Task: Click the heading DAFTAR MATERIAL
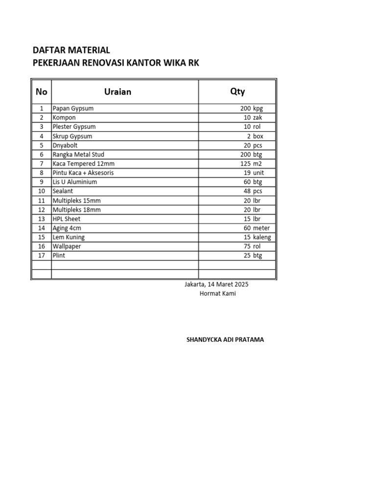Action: (x=71, y=50)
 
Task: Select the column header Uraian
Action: (x=117, y=92)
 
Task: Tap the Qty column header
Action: (x=237, y=91)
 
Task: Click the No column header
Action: (x=42, y=92)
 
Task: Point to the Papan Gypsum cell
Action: (x=73, y=108)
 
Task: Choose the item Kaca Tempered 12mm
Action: (x=83, y=164)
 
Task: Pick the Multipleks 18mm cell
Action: (x=76, y=210)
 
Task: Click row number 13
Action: (x=42, y=219)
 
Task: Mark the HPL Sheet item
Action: (x=67, y=219)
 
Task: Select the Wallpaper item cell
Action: (x=67, y=247)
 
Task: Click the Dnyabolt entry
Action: (x=65, y=145)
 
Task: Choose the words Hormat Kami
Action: (x=217, y=294)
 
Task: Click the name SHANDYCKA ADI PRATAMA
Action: (x=225, y=339)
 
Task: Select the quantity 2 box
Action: (x=255, y=136)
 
